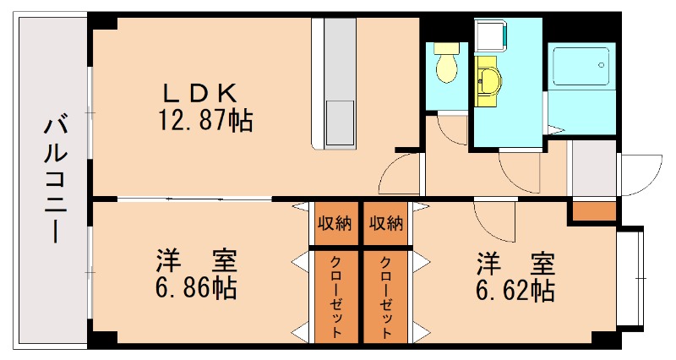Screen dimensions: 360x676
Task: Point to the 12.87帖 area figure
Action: click(204, 121)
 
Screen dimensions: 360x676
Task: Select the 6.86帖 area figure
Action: click(195, 289)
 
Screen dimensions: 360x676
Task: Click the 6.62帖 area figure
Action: click(514, 291)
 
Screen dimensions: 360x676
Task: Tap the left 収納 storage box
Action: click(335, 225)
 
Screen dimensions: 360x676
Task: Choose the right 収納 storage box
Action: click(385, 225)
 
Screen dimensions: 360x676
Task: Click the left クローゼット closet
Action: click(335, 296)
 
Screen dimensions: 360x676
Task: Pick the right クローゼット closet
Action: click(385, 296)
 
